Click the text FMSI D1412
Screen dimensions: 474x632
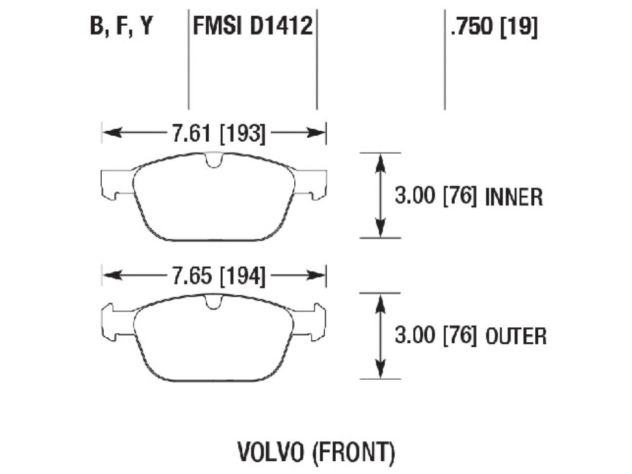point(252,26)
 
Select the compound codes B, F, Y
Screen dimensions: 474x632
point(120,26)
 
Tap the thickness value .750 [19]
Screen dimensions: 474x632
point(493,26)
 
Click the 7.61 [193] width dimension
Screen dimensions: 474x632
point(218,133)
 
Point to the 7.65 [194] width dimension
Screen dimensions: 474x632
point(218,276)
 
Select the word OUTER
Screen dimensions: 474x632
point(516,337)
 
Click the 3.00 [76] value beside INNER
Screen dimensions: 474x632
point(435,197)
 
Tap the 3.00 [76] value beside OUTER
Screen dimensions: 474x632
point(435,336)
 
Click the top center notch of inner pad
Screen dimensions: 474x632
point(214,160)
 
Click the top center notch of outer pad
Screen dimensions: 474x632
point(214,302)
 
